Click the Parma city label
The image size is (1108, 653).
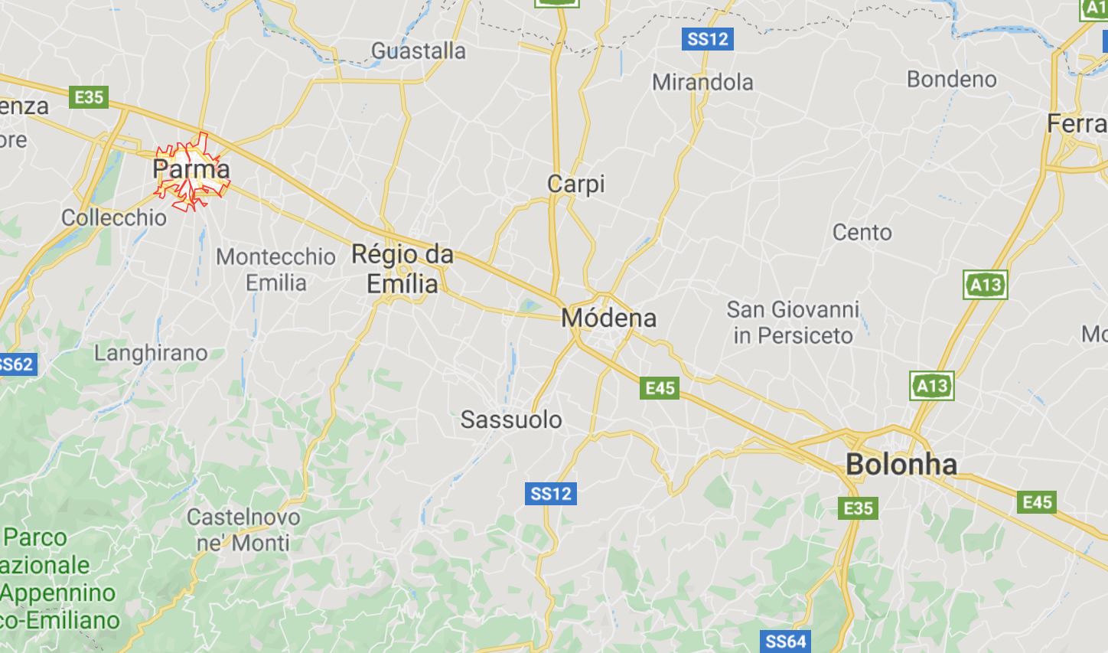click(191, 169)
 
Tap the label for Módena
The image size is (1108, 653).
click(609, 318)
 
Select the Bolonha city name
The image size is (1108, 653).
click(901, 464)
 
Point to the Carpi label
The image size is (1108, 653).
click(576, 184)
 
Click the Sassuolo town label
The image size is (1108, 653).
click(511, 420)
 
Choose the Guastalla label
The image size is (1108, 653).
click(419, 51)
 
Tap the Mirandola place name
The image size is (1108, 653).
click(702, 82)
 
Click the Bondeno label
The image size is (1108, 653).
click(952, 79)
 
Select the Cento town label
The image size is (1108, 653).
click(862, 232)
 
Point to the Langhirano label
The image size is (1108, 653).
click(151, 353)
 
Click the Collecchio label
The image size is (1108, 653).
click(114, 217)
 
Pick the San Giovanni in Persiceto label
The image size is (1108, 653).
click(793, 322)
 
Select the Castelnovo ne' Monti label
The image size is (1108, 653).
click(243, 530)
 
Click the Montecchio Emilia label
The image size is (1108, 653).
click(275, 269)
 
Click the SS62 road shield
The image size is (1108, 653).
click(16, 364)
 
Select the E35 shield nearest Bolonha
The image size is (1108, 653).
click(858, 508)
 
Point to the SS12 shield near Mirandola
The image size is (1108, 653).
click(708, 38)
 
